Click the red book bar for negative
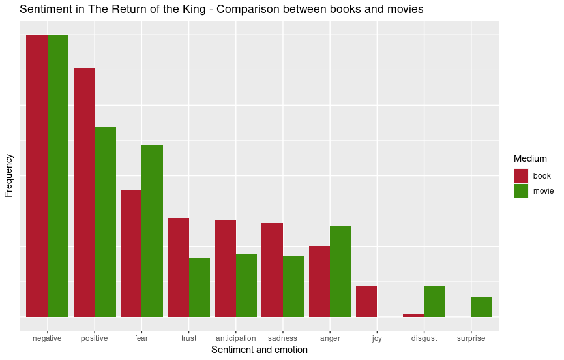tap(37, 175)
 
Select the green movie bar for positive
tap(105, 222)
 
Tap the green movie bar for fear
tap(152, 230)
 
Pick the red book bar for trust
tap(178, 267)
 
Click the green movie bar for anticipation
tap(246, 285)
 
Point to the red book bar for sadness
tap(272, 269)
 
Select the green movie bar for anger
tap(340, 271)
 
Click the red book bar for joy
tap(366, 301)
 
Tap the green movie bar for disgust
tap(434, 301)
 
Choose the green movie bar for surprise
tap(481, 307)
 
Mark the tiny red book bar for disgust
tap(413, 316)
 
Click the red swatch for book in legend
tap(521, 176)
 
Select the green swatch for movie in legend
tap(521, 190)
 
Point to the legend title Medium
tap(529, 158)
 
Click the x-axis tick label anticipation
tap(235, 338)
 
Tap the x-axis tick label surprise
tap(471, 338)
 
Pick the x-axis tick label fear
tap(141, 338)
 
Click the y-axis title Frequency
tap(8, 175)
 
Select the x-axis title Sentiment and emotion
tap(260, 350)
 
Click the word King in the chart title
tap(197, 10)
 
